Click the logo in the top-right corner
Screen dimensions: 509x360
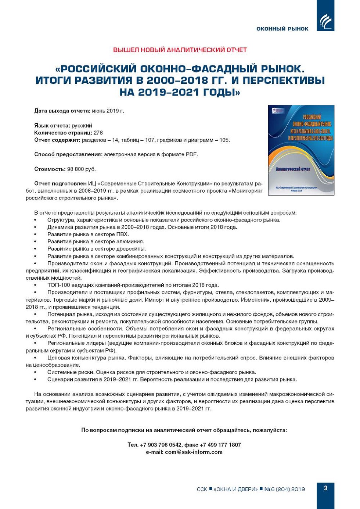pos(325,20)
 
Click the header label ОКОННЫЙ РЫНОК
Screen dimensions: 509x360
pos(282,29)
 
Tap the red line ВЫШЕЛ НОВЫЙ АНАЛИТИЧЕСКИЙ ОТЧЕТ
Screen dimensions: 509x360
pos(180,50)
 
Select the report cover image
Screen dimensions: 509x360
pos(301,150)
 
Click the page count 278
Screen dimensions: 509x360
pos(98,133)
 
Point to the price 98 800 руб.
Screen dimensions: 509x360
pos(81,169)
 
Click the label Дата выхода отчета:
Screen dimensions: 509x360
pos(62,111)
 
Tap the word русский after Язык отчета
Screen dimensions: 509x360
pos(82,126)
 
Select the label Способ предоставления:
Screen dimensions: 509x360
pos(68,154)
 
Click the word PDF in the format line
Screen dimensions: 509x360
pos(191,154)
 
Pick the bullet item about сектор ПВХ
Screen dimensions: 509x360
pos(88,234)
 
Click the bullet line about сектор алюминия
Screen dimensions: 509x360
pos(96,241)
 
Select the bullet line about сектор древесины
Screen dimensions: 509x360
pos(96,249)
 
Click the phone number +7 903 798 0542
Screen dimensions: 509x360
pos(161,445)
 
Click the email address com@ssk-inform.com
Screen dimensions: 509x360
pos(194,452)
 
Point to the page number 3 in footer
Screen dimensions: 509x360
pos(325,488)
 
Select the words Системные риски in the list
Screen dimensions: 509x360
pos(70,372)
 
